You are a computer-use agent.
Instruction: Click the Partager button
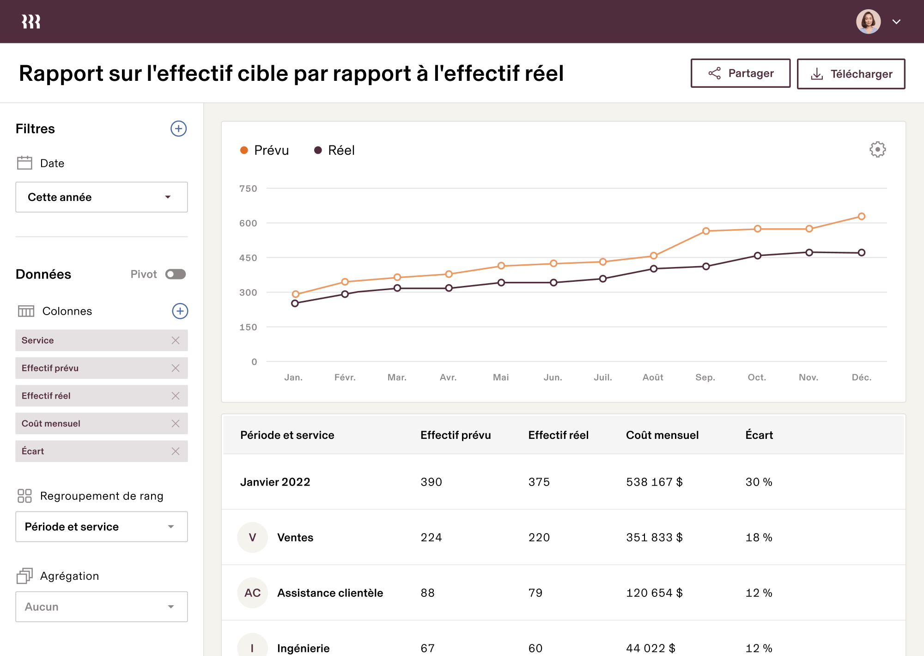(740, 73)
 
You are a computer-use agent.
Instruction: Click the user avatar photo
(868, 22)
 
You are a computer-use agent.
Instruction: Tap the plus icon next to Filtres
(178, 128)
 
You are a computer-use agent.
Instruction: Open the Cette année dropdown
(102, 197)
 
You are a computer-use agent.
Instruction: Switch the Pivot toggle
(176, 274)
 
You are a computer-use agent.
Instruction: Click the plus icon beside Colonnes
(180, 311)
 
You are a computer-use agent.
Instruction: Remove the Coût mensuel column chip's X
(176, 424)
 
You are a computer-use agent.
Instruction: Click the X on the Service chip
(176, 340)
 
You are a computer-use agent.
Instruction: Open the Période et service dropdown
(102, 527)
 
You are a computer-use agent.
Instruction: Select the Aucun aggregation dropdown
(102, 607)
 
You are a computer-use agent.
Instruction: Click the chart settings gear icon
(877, 150)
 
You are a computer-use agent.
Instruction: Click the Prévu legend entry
(265, 150)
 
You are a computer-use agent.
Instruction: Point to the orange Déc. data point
(861, 216)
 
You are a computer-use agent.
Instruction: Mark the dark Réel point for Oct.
(758, 255)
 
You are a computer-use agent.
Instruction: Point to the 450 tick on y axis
(248, 258)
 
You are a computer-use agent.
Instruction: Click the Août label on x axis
(653, 377)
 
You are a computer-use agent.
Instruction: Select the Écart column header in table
(759, 435)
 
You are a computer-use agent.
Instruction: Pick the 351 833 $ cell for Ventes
(654, 537)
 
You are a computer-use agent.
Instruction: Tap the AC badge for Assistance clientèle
(252, 593)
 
